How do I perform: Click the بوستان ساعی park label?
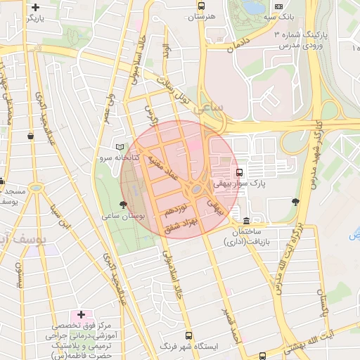pyautogui.click(x=123, y=217)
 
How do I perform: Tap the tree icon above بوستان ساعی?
pyautogui.click(x=124, y=205)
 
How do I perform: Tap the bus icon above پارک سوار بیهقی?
pyautogui.click(x=240, y=172)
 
